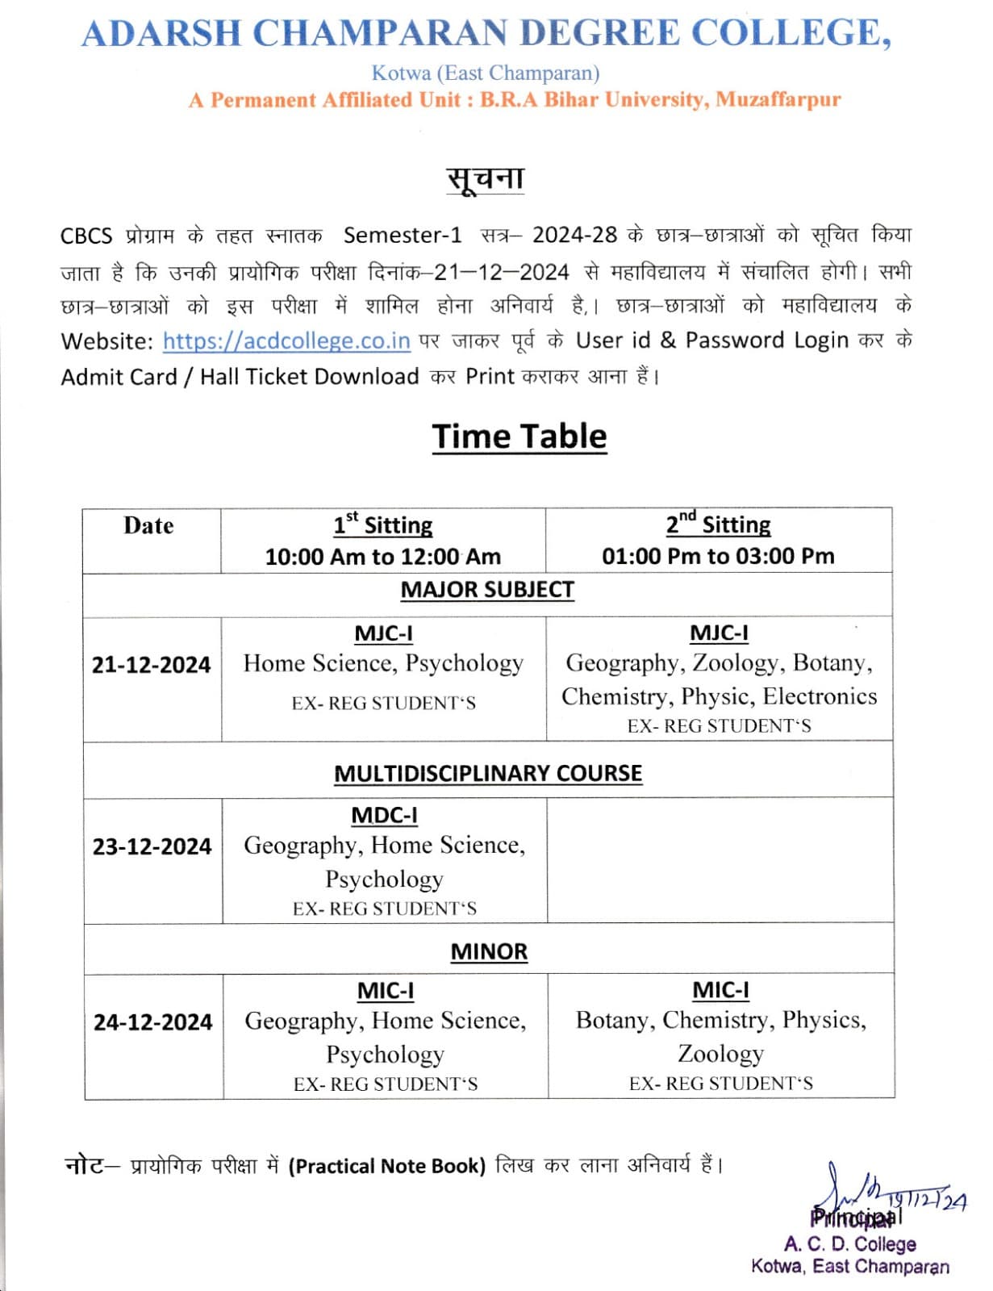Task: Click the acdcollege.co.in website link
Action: tap(286, 341)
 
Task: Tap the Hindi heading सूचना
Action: tap(486, 178)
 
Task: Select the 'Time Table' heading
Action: tap(519, 437)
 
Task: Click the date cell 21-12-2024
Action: tap(151, 665)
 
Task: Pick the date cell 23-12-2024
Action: tap(152, 846)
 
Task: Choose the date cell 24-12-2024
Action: tap(152, 1022)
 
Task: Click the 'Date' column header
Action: tap(148, 526)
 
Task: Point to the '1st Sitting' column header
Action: tap(383, 526)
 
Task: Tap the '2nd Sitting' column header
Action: tap(718, 525)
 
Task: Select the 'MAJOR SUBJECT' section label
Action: tap(487, 591)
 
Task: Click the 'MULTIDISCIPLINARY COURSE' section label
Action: tap(488, 774)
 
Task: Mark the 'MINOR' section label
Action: tap(489, 952)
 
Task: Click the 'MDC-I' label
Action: tap(384, 816)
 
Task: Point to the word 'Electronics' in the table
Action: tap(820, 696)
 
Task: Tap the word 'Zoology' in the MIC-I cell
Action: tap(720, 1054)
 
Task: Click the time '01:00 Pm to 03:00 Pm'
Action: tap(718, 556)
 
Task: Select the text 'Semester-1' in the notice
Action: tap(403, 236)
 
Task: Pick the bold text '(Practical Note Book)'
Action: tap(387, 1166)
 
